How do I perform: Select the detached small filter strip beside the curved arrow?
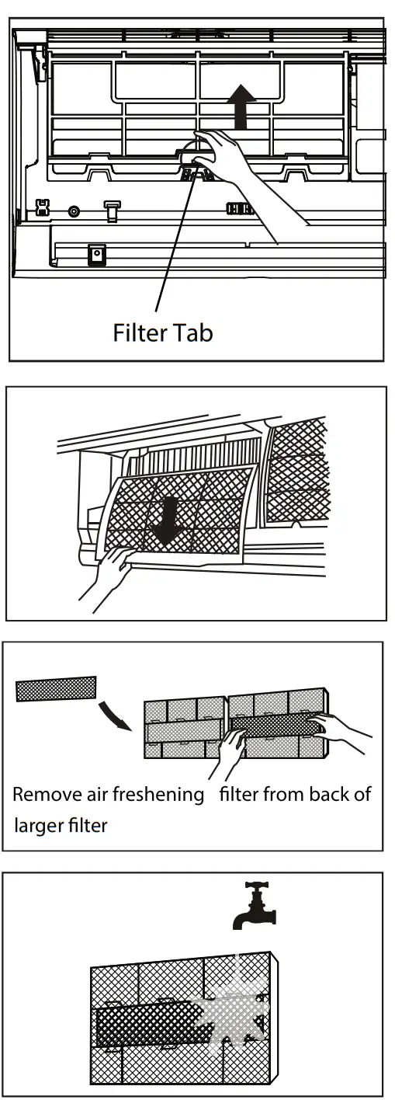click(56, 688)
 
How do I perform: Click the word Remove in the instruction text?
click(42, 795)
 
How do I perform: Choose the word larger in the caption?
click(36, 823)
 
